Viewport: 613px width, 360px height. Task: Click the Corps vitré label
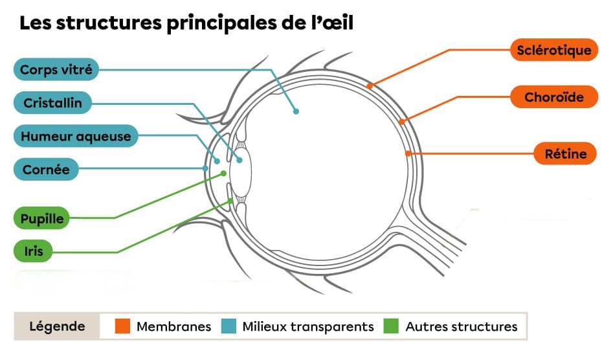coord(56,69)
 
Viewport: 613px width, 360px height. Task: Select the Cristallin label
coord(52,103)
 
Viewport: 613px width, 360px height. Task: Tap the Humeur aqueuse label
coord(76,137)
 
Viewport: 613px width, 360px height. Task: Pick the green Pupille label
coord(42,219)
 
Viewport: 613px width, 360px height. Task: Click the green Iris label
coord(34,251)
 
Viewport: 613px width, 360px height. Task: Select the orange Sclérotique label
coord(554,50)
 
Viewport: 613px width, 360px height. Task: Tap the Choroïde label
coord(554,97)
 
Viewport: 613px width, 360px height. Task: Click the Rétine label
coord(565,153)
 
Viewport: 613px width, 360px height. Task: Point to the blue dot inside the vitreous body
coord(296,111)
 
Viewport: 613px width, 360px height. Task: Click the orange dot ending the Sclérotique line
coord(370,85)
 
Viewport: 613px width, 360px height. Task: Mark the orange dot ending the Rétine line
coord(408,153)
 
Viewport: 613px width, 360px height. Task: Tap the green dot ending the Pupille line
coord(224,174)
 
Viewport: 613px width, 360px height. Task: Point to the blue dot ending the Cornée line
coord(205,168)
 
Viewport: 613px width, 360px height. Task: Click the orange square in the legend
coord(123,326)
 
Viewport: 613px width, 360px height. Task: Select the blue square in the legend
coord(229,326)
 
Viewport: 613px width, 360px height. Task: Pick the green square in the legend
coord(392,326)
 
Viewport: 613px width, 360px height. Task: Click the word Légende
coord(57,326)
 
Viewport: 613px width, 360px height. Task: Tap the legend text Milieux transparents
coord(308,326)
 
